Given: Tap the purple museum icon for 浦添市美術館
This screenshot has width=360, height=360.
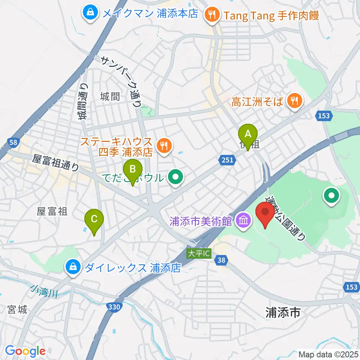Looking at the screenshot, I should click(244, 220).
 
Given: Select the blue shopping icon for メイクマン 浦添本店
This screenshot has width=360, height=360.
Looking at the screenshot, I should click(90, 14).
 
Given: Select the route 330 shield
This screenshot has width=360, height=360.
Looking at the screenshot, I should click(114, 307).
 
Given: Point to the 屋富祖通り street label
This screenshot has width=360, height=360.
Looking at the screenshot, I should click(56, 164).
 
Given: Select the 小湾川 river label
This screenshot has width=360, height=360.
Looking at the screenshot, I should click(44, 291).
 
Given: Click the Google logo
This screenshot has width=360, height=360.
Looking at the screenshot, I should click(25, 351).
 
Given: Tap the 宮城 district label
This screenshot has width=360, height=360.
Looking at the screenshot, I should click(17, 310).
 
